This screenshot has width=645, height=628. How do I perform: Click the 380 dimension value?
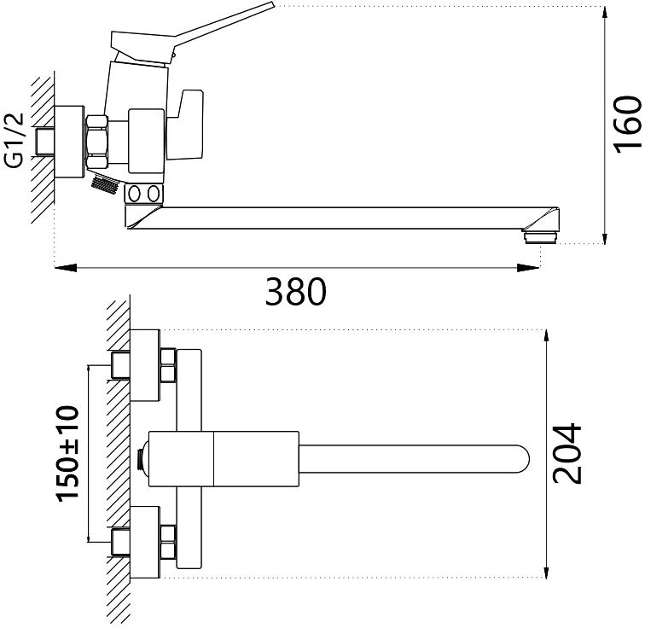[295, 293]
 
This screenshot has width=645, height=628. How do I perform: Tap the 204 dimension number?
[567, 452]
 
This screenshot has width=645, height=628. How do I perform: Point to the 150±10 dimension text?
[67, 452]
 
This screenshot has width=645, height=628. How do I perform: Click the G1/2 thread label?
[15, 140]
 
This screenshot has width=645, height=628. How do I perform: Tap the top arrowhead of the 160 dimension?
[605, 14]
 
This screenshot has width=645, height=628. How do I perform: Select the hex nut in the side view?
[98, 140]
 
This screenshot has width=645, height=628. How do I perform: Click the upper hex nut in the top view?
[167, 365]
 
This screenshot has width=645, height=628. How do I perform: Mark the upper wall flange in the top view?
[146, 365]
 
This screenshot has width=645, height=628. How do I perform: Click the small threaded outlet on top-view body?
[142, 458]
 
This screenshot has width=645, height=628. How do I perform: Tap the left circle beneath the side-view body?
[134, 195]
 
